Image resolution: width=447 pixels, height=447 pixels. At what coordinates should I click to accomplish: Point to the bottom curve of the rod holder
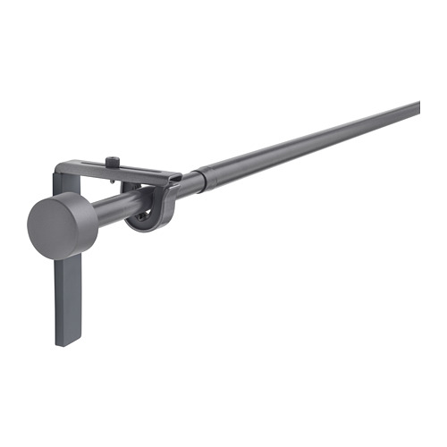tap(143, 227)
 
